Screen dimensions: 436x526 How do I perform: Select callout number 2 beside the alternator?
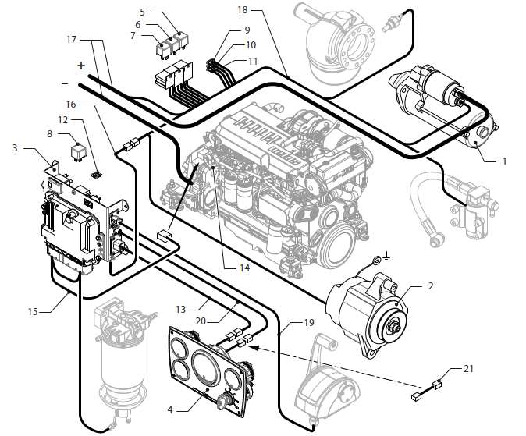(430, 286)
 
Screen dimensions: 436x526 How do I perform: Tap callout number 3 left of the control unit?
(15, 147)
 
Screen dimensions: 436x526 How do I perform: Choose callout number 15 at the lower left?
(33, 310)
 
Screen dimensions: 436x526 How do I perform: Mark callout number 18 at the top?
(243, 11)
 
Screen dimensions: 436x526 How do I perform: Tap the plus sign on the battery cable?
(80, 66)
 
